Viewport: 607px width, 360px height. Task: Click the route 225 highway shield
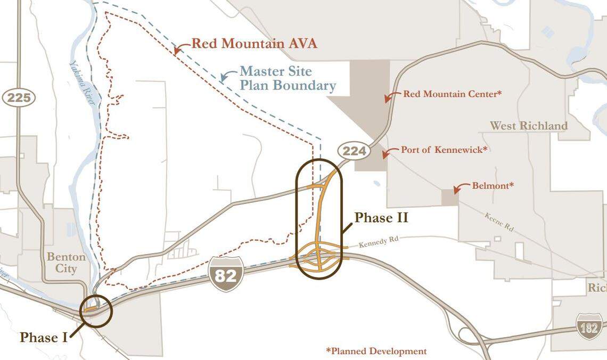[19, 98]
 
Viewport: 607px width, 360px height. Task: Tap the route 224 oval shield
[354, 151]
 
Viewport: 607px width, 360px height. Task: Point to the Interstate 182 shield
[589, 327]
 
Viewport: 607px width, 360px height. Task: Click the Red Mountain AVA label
[254, 44]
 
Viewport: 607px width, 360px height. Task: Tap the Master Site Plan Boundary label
[288, 78]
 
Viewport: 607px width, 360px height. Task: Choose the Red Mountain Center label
[453, 94]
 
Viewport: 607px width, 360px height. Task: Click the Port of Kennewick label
[444, 150]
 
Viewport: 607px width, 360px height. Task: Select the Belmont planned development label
[493, 186]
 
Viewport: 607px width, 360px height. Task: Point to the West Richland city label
[529, 126]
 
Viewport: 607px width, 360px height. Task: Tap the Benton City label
[66, 263]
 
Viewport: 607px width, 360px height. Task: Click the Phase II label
[381, 217]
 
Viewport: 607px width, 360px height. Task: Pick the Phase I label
[44, 338]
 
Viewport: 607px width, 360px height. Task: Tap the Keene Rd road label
[499, 222]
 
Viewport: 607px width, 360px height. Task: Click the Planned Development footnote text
[376, 351]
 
